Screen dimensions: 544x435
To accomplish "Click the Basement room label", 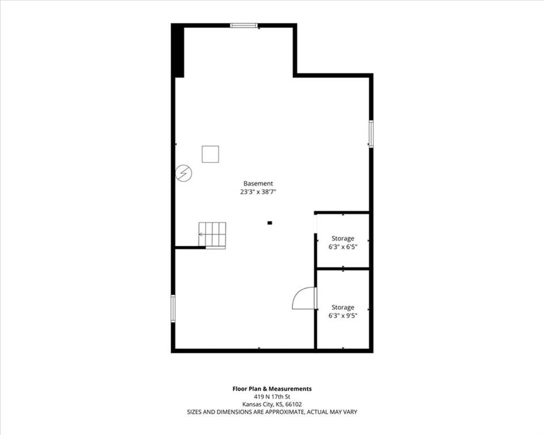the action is tap(258, 184).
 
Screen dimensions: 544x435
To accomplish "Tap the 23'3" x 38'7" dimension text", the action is tap(258, 192).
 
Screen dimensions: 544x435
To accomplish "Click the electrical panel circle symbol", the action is tap(184, 173).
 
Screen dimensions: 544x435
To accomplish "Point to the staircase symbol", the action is tap(212, 235).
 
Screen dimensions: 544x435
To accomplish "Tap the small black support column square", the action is tap(270, 223).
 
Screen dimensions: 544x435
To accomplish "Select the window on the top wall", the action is tap(244, 25).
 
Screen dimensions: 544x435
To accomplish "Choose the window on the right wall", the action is tap(371, 134).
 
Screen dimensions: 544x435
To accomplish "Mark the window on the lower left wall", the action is tap(173, 308).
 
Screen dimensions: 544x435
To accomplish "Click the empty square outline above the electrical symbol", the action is tap(211, 154).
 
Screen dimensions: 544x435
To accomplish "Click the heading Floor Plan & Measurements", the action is tap(272, 389).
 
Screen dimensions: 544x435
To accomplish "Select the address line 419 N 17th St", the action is tap(272, 396).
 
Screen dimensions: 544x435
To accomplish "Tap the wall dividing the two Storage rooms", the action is tap(343, 268).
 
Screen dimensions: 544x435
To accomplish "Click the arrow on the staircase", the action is tap(201, 234).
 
